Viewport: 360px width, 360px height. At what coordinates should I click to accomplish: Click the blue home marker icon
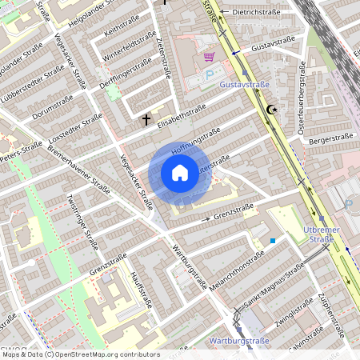tap(179, 172)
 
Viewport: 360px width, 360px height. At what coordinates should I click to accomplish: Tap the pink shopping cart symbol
tap(210, 57)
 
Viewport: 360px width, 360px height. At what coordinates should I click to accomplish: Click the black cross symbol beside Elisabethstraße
tap(146, 120)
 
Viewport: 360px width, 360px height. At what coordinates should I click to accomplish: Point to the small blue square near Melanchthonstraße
tap(273, 239)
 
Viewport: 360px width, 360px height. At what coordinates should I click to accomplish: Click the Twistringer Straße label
tap(82, 221)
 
